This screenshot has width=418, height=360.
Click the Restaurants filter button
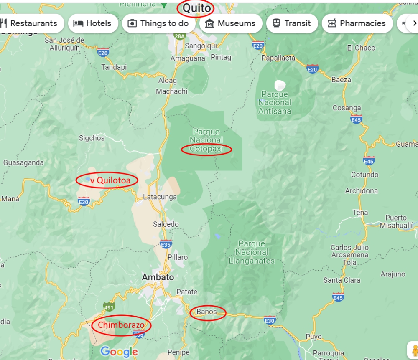(29, 23)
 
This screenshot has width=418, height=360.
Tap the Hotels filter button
(92, 23)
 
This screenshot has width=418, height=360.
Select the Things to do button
(158, 23)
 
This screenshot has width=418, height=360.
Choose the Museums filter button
(231, 23)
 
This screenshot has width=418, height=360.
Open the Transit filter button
(292, 23)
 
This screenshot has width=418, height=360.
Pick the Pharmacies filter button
(357, 23)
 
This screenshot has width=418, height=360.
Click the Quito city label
(197, 8)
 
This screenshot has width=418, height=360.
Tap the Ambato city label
(158, 277)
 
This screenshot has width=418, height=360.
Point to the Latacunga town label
(160, 197)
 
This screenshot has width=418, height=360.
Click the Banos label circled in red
(207, 312)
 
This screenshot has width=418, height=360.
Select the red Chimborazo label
(121, 325)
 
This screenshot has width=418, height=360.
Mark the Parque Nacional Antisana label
(275, 103)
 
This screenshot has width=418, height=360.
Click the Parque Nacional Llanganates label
(252, 252)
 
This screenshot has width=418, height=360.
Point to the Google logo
(119, 352)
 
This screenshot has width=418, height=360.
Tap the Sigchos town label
(92, 138)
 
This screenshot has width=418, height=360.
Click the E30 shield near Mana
(84, 202)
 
